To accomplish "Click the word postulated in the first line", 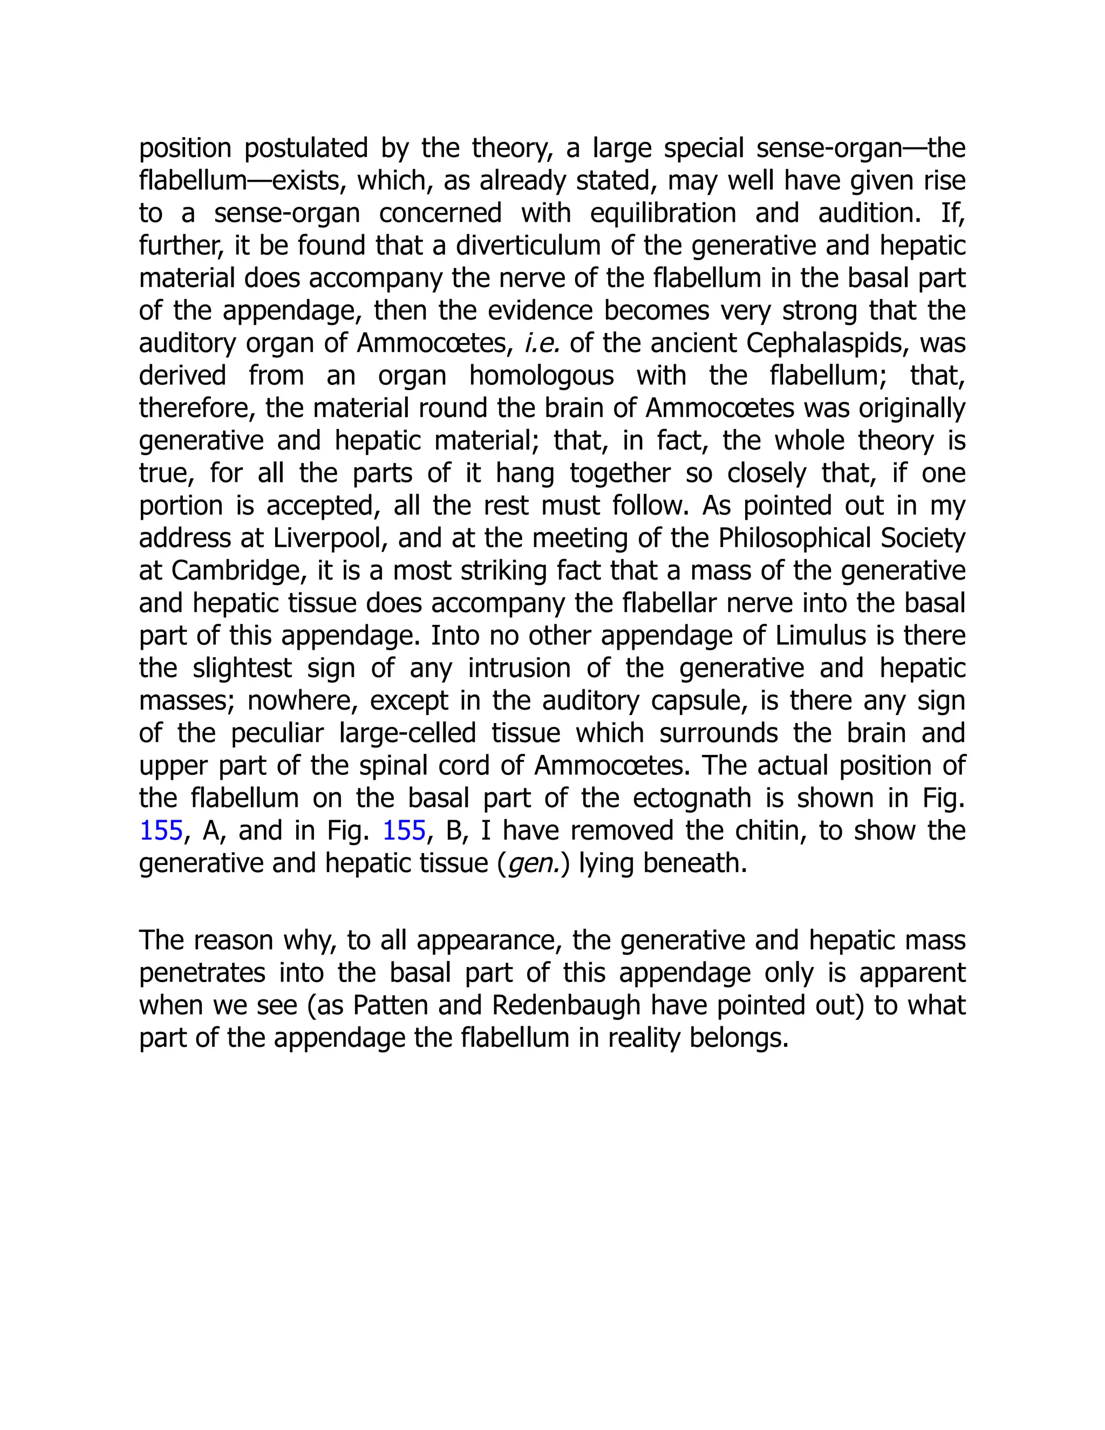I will coord(306,148).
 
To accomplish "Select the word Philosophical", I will coord(795,538).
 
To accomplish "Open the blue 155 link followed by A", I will coord(161,831).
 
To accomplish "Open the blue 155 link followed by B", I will coord(404,831).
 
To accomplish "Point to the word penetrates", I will coord(202,973).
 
